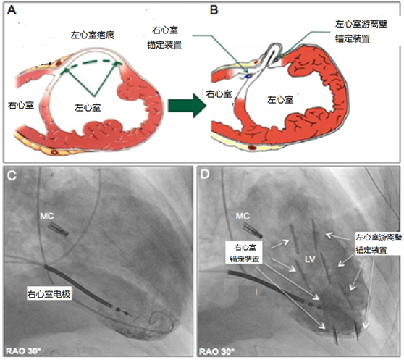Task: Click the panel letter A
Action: point(12,10)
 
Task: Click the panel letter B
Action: point(214,10)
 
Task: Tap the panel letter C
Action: point(12,175)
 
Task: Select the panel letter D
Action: point(205,175)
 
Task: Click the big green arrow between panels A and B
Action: point(188,106)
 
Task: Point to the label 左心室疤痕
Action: point(93,35)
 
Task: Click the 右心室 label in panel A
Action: point(21,105)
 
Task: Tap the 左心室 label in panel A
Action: point(88,107)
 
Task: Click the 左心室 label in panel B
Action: point(280,99)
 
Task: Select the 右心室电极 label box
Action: point(49,294)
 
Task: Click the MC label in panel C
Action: point(47,216)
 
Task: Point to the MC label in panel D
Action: point(243,216)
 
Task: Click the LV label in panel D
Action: point(310,259)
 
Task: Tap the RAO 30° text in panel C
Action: point(23,351)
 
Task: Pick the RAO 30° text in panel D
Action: point(217,351)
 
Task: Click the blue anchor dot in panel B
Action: point(248,76)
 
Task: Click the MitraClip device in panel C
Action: point(58,229)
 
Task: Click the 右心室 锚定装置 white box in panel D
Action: point(244,253)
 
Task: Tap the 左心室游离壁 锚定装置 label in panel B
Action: point(361,31)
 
